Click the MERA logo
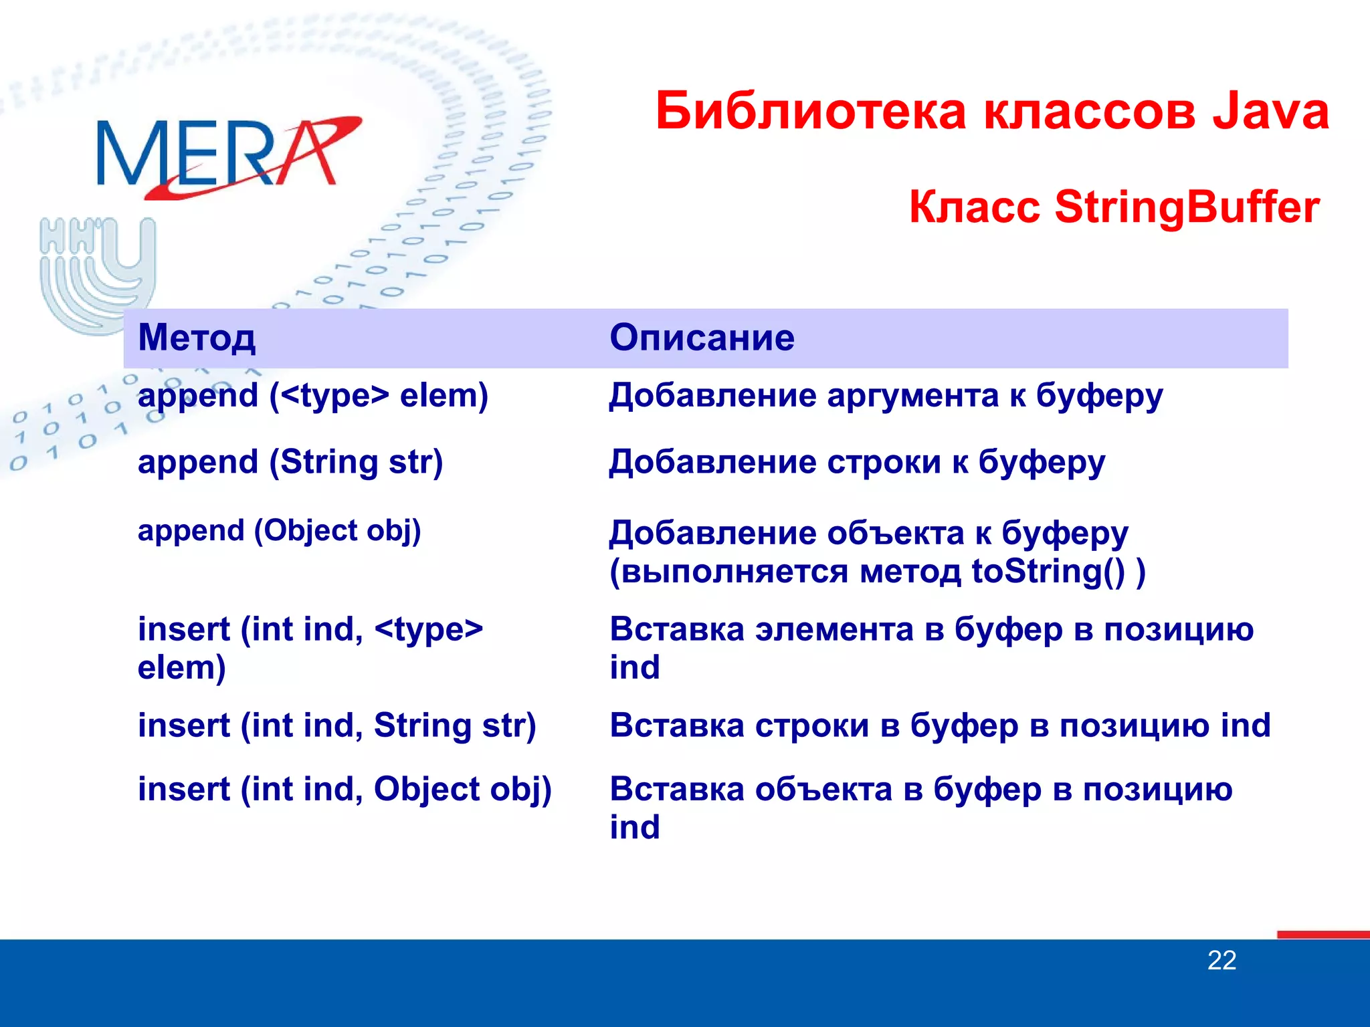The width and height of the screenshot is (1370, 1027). [x=227, y=157]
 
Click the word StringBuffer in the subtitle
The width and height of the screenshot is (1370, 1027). [x=1187, y=207]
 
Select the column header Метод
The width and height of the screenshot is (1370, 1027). [x=197, y=338]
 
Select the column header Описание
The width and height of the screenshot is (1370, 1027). [x=702, y=338]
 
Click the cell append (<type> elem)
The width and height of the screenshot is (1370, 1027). [x=312, y=396]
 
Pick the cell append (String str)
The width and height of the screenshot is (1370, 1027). [x=290, y=463]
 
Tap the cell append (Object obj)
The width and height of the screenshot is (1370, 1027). [x=279, y=531]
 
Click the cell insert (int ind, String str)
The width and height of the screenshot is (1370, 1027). [x=336, y=726]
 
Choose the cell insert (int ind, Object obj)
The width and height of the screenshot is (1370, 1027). [x=345, y=790]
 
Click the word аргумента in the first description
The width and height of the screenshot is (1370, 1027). [x=912, y=396]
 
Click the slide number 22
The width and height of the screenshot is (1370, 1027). [x=1221, y=961]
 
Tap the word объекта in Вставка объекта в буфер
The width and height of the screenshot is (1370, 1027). [x=823, y=790]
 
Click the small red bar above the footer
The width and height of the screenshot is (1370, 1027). [x=1323, y=935]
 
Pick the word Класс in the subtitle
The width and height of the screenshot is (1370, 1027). [x=974, y=207]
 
